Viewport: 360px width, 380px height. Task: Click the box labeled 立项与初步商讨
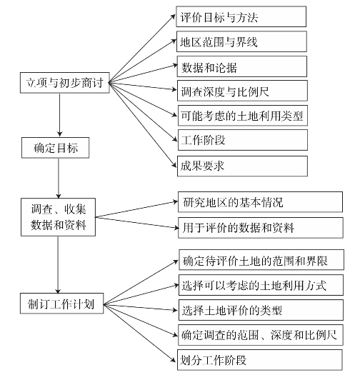tap(65, 83)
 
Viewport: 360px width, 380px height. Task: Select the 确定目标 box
tap(55, 148)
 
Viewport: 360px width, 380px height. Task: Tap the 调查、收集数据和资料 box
tap(58, 217)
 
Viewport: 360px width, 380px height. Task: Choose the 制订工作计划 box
tap(62, 304)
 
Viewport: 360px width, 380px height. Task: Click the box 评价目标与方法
tap(241, 16)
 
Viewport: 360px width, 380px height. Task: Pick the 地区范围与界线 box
tap(241, 41)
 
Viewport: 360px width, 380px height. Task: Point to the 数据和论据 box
tap(242, 66)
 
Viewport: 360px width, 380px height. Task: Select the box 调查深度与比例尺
tap(242, 91)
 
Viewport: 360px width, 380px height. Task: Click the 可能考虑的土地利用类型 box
tap(243, 116)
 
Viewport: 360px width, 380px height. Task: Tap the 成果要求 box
tap(242, 166)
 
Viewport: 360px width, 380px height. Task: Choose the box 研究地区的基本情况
tap(261, 202)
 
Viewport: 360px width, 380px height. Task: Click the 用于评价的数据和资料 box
tap(261, 228)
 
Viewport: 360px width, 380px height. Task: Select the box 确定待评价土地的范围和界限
tap(261, 260)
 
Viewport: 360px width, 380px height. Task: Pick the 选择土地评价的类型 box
tap(261, 310)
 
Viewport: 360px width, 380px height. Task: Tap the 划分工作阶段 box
tap(259, 360)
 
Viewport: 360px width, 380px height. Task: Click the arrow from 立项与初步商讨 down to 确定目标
tap(59, 115)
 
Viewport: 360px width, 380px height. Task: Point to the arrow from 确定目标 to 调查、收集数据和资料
tap(58, 178)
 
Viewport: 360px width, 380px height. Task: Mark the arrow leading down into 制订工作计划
tap(58, 264)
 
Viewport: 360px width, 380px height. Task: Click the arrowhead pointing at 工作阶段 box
tap(175, 139)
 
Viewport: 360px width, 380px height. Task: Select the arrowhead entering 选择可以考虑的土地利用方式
tap(176, 286)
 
